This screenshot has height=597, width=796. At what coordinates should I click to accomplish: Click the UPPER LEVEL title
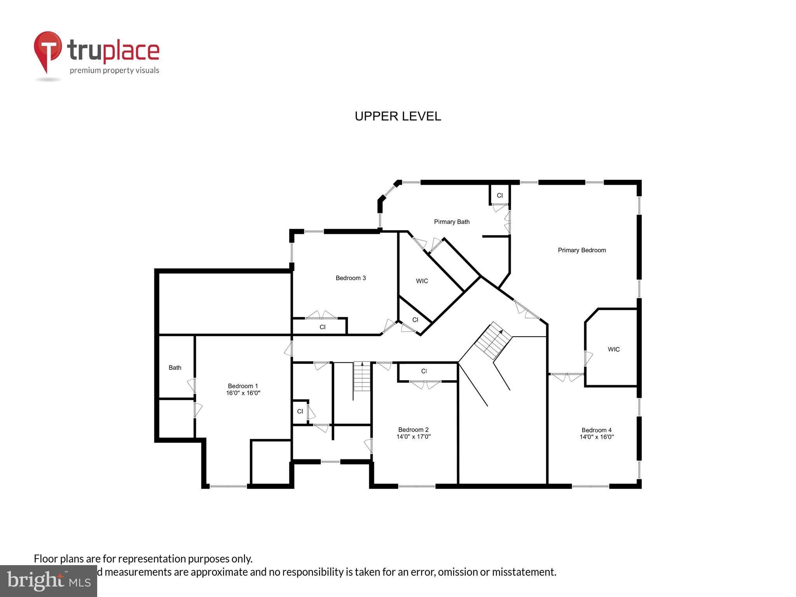pyautogui.click(x=398, y=116)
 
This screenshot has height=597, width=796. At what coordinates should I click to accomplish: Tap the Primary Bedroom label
pyautogui.click(x=581, y=250)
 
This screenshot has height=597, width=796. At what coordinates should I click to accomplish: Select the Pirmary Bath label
pyautogui.click(x=452, y=222)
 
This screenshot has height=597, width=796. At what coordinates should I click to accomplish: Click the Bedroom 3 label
pyautogui.click(x=351, y=278)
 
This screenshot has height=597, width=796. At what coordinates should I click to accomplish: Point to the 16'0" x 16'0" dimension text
pyautogui.click(x=243, y=393)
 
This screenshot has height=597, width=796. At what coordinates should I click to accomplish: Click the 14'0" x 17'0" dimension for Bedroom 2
pyautogui.click(x=413, y=436)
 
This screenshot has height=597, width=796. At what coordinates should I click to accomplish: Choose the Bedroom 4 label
pyautogui.click(x=596, y=430)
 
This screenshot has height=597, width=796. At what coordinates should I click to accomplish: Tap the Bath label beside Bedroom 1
pyautogui.click(x=175, y=368)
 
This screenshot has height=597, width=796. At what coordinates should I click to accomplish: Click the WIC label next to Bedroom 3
pyautogui.click(x=422, y=281)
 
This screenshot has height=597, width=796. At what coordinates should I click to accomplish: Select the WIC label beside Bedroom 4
pyautogui.click(x=613, y=349)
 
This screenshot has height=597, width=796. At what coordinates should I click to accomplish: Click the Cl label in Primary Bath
pyautogui.click(x=499, y=196)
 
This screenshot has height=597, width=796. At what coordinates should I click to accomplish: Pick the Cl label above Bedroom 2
pyautogui.click(x=424, y=371)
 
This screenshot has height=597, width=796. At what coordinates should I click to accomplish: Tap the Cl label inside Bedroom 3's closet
pyautogui.click(x=322, y=327)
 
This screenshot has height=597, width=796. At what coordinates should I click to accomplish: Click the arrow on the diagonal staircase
pyautogui.click(x=501, y=332)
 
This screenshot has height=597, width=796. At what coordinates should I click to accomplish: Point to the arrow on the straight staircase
pyautogui.click(x=362, y=364)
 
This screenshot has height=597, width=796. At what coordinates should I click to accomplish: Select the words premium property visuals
pyautogui.click(x=114, y=70)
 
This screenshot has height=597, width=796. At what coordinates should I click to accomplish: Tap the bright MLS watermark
pyautogui.click(x=48, y=581)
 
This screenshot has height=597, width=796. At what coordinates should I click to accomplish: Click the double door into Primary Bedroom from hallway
pyautogui.click(x=526, y=310)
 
